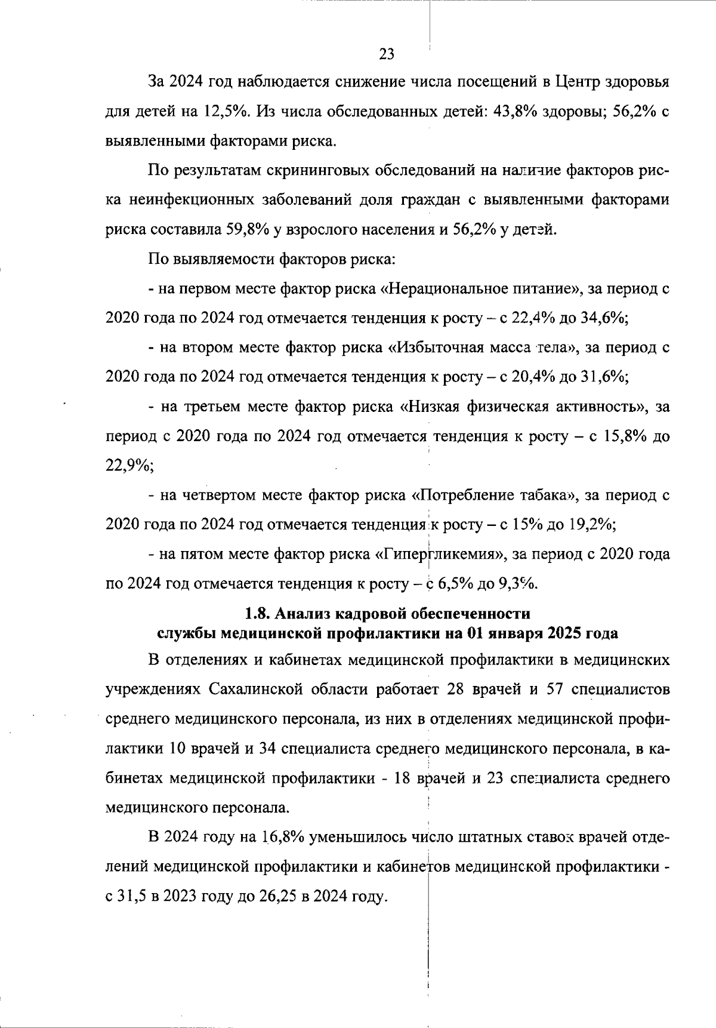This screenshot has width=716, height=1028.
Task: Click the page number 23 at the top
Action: (x=387, y=54)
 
